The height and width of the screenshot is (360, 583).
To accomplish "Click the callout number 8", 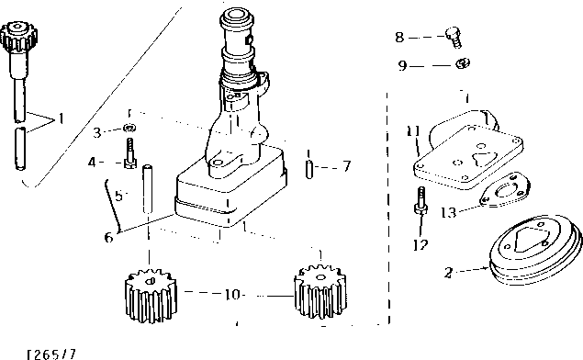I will coord(398,38).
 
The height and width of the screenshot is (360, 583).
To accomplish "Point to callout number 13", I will coord(447,212).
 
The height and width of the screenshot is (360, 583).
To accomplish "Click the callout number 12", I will coord(420,244).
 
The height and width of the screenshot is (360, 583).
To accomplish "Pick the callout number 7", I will coord(346,167).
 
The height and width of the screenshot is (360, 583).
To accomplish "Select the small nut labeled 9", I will coord(463,64).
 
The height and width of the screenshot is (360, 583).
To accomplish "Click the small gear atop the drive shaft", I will coord(18,39).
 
